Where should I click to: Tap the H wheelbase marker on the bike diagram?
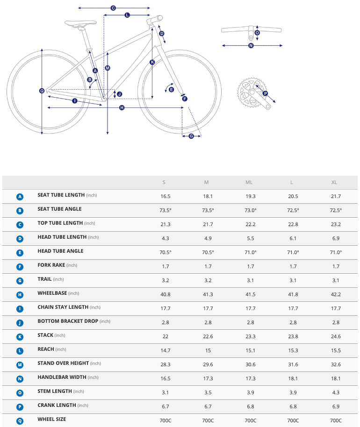tap(122, 108)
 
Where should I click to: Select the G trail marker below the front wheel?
tap(191, 136)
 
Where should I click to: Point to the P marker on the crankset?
tap(265, 93)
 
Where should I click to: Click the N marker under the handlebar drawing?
tap(251, 45)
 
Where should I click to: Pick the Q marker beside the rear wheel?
tap(42, 91)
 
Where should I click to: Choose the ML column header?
tap(251, 183)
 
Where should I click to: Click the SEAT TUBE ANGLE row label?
tap(59, 209)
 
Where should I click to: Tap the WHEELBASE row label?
tap(52, 293)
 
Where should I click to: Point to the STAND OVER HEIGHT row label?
tap(63, 363)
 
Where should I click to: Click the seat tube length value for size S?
tap(166, 197)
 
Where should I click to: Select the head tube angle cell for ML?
tap(251, 253)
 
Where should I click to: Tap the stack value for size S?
tap(166, 337)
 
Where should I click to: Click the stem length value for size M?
tap(208, 393)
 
